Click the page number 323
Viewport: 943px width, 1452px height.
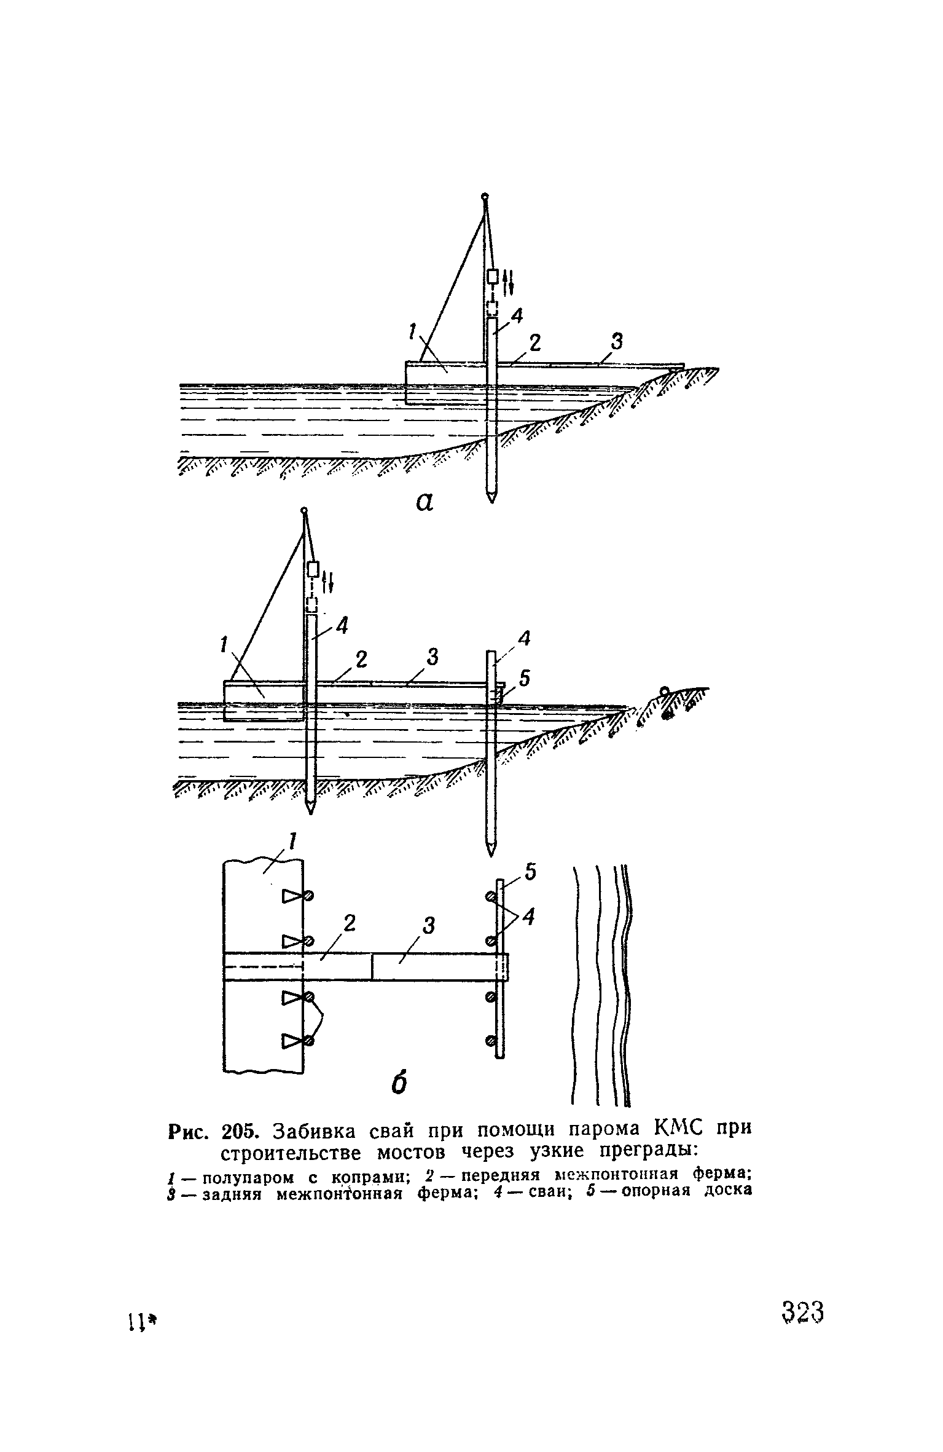(x=802, y=1314)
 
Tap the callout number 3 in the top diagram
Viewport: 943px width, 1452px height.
(x=616, y=341)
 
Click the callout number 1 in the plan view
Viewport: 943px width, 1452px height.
(x=292, y=841)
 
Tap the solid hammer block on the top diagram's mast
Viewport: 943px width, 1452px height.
(x=492, y=276)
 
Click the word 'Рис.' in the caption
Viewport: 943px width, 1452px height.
(x=189, y=1131)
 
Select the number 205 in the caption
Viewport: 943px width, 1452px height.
(x=241, y=1131)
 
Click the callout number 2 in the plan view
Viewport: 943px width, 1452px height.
(x=349, y=924)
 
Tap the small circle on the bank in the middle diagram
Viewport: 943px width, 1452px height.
(x=664, y=691)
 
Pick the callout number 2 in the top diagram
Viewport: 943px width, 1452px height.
(x=534, y=343)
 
